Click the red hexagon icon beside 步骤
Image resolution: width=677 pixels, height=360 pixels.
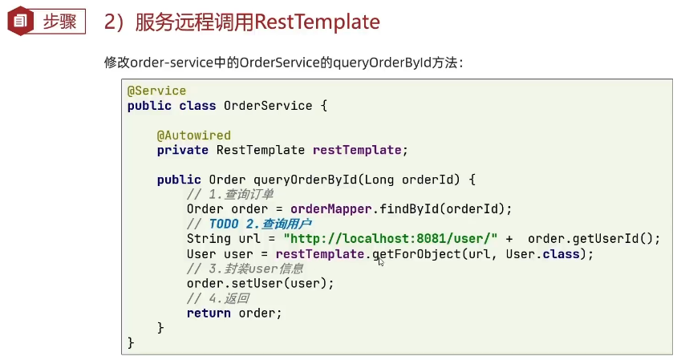point(18,21)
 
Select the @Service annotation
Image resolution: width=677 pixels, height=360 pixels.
point(156,91)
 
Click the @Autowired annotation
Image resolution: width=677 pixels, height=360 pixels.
point(193,135)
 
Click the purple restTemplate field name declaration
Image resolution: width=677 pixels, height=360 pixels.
point(357,150)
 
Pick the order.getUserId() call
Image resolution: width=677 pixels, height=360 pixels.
point(594,238)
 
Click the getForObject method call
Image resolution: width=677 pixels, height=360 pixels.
point(412,253)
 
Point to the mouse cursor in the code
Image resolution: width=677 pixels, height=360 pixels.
point(381,260)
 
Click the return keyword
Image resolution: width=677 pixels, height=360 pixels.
point(209,313)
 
